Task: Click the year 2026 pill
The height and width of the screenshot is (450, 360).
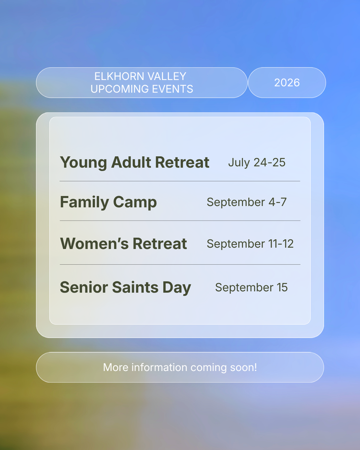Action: pos(287,82)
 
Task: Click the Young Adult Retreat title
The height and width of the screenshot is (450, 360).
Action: pos(134,162)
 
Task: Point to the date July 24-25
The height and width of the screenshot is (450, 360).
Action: pos(257,162)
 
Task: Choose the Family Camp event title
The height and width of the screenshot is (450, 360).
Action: pos(108,202)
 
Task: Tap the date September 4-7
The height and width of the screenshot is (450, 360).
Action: pos(247,202)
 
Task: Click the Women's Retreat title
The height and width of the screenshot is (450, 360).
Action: pos(123,244)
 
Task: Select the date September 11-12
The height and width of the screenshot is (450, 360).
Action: pos(250,244)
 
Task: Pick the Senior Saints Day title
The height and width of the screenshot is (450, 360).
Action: pos(125,287)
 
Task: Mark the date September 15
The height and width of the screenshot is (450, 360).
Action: pos(252,287)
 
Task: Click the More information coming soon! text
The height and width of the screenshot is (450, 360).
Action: pos(180,367)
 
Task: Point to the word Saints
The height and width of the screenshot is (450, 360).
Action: pos(135,287)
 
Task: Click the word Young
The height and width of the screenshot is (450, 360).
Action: pos(83,163)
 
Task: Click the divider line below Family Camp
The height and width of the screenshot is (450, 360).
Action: pos(180,221)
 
